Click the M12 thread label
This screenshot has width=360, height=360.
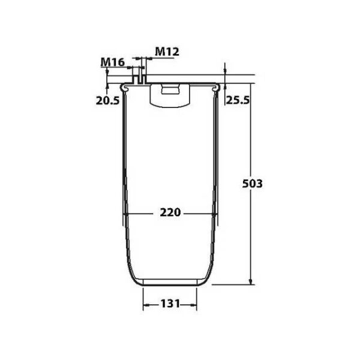click(x=167, y=52)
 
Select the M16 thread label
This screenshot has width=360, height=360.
click(x=113, y=62)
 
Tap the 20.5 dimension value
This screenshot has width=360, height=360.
click(x=107, y=101)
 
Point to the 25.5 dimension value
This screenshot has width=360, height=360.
click(x=238, y=100)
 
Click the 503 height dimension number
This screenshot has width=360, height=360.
click(x=252, y=184)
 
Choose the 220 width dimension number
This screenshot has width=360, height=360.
click(x=170, y=212)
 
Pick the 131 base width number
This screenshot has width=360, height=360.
click(x=170, y=304)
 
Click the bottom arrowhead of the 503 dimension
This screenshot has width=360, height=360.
click(x=250, y=281)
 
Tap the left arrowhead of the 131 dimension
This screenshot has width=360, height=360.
click(x=146, y=305)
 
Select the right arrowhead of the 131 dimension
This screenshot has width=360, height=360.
click(x=194, y=305)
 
